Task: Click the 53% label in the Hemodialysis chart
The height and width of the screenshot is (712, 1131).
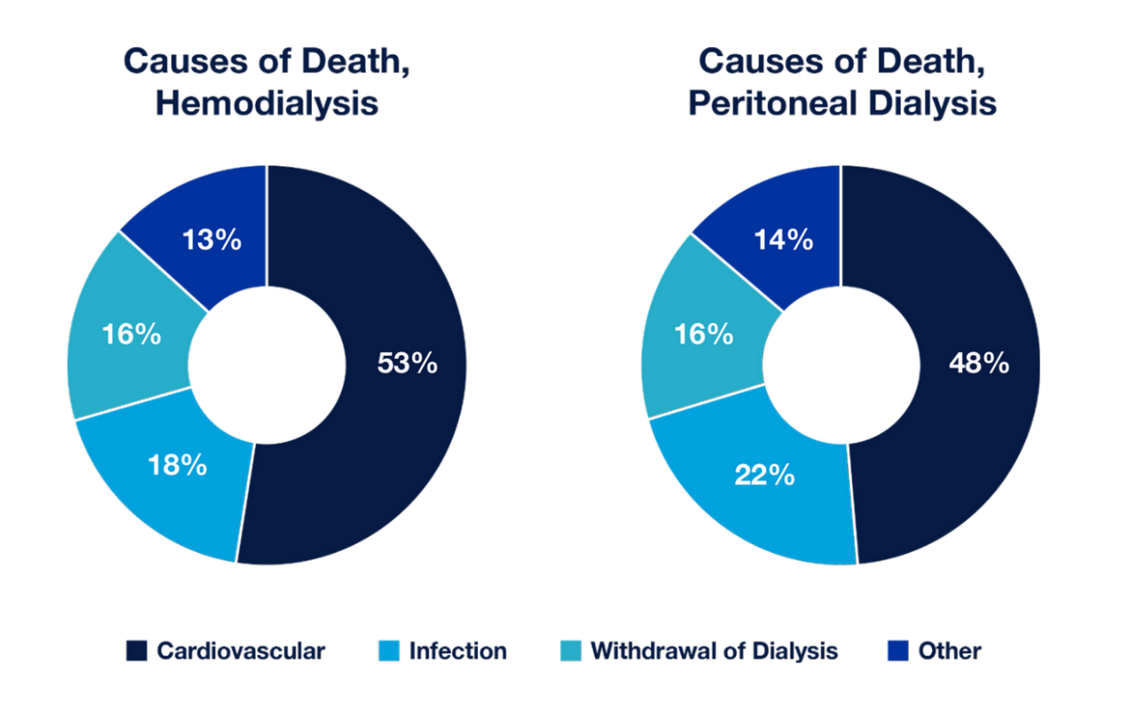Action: pos(407,363)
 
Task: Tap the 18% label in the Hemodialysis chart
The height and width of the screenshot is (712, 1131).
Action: pos(178,465)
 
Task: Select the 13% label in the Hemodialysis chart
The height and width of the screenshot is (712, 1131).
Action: pos(211,240)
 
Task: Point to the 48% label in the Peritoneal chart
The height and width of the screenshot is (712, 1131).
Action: pos(979,363)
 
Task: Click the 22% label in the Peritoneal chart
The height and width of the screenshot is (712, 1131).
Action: pos(764,475)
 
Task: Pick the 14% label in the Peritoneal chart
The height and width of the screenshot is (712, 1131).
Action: pos(784,240)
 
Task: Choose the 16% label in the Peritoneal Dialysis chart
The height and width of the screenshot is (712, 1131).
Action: pos(703,334)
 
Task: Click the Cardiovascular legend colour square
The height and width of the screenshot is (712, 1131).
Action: pos(136,652)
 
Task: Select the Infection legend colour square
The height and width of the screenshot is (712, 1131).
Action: pos(388,652)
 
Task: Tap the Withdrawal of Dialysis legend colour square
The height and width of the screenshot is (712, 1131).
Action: pos(570,652)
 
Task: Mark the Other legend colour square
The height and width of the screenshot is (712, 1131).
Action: pos(898,652)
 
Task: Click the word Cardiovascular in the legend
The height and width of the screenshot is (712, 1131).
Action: pos(241,652)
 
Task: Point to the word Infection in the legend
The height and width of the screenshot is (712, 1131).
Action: pos(458,652)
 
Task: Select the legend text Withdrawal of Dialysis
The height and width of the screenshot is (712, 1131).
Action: pos(714,652)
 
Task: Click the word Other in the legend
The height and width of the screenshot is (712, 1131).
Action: pos(950,652)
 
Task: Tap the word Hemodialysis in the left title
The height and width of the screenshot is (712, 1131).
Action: pos(267,103)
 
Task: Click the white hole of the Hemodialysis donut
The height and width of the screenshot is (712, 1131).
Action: pos(267,364)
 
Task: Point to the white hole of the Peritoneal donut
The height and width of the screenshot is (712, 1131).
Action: pos(841,364)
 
